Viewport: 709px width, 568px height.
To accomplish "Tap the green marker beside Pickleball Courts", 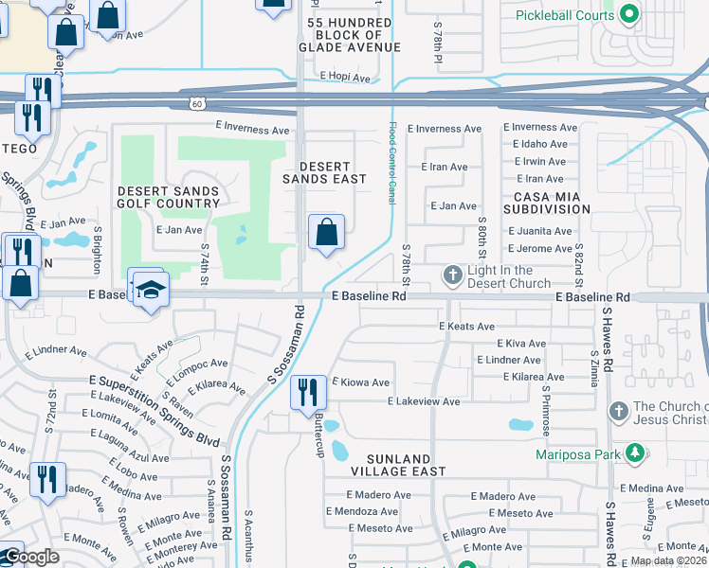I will point(628,14).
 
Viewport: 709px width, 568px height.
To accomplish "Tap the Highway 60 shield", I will point(195,102).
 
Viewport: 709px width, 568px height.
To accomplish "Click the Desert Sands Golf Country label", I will point(168,197).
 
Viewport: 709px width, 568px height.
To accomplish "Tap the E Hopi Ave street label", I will point(344,77).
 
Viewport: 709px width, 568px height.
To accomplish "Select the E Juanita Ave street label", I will point(540,231).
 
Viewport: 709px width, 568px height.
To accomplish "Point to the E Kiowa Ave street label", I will point(360,382).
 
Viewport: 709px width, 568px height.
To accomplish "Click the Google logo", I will point(30,557).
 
